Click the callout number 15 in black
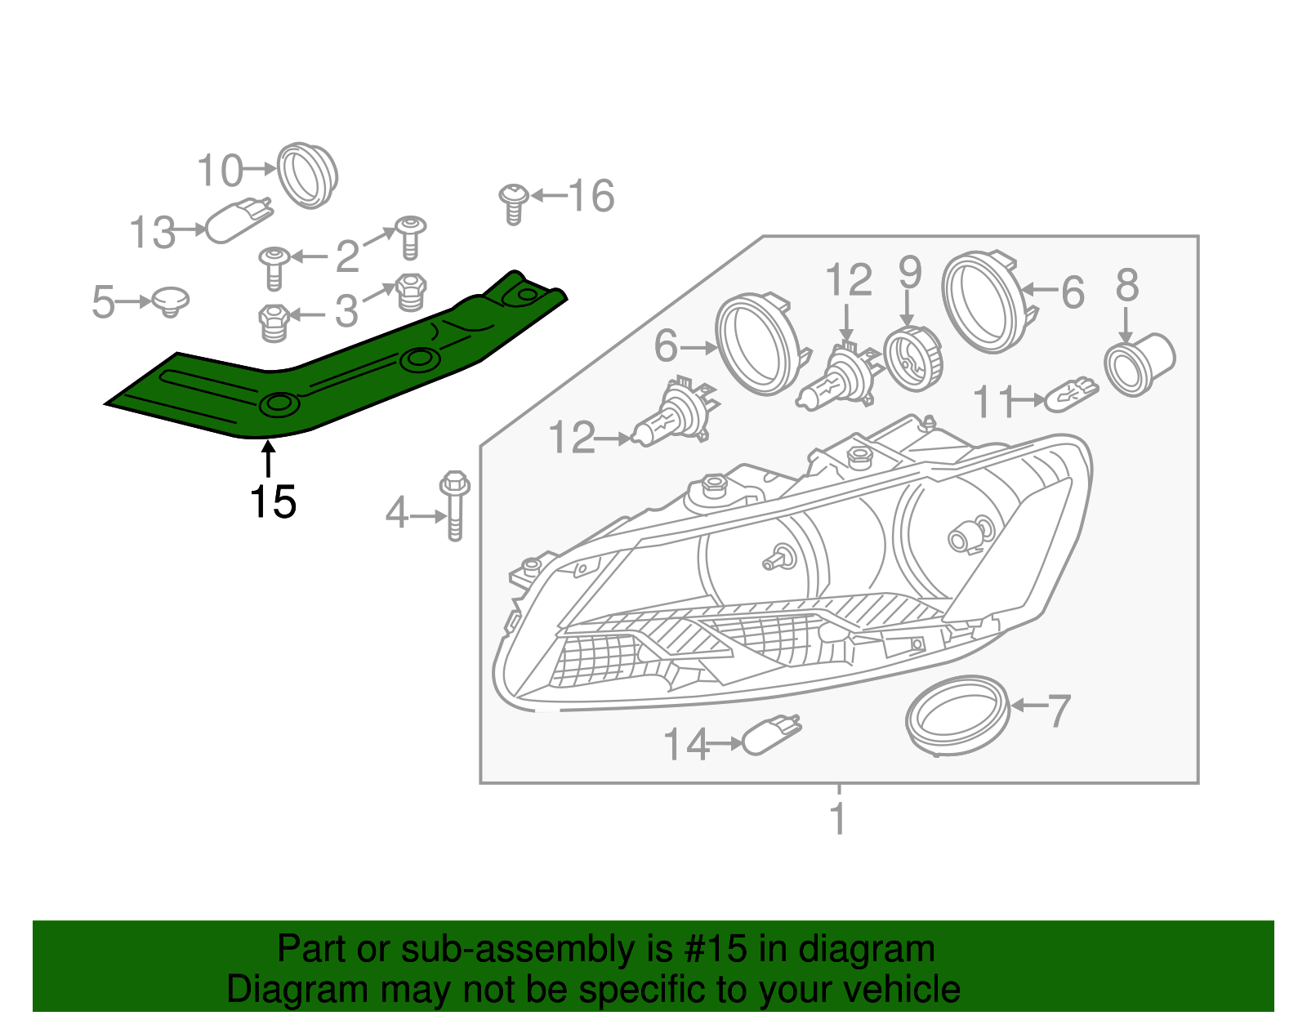(x=273, y=501)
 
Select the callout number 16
(x=591, y=197)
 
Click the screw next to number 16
(x=513, y=203)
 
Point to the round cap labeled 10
(x=307, y=175)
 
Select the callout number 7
(x=1058, y=710)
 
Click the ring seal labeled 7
(x=957, y=715)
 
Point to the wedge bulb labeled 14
(x=771, y=735)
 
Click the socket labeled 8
(x=1139, y=363)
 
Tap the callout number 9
(x=910, y=272)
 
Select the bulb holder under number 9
(x=913, y=359)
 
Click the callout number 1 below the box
(x=838, y=818)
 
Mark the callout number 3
(x=346, y=311)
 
